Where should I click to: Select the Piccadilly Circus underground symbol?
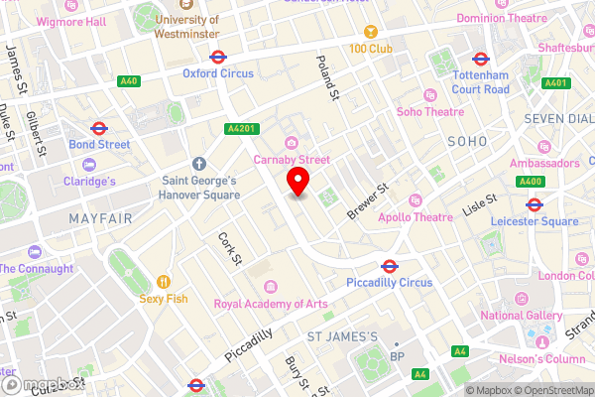point(390,266)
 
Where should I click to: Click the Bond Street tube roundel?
point(99,128)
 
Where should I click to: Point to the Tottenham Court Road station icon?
point(481,59)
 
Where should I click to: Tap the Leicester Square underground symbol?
point(534,205)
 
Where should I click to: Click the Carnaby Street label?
point(290,159)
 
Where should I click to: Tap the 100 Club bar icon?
point(371,32)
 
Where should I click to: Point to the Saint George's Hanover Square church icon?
point(198,164)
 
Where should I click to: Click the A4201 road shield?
point(240,128)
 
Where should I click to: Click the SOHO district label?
point(467,142)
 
